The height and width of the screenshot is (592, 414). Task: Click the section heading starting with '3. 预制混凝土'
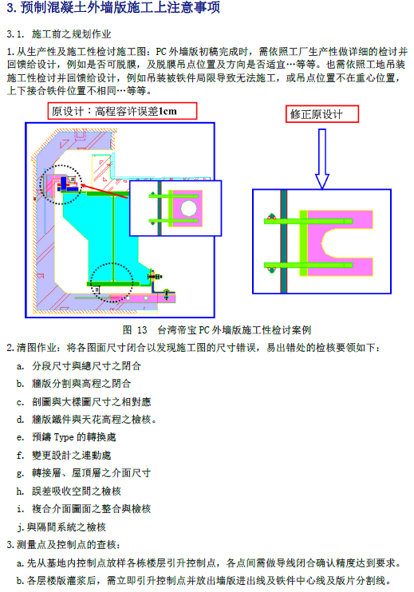tap(112, 7)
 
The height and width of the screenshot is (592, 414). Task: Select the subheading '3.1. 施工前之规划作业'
tap(59, 34)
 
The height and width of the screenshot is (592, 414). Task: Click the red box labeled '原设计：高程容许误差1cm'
tap(122, 112)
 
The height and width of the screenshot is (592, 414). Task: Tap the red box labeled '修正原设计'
tap(322, 114)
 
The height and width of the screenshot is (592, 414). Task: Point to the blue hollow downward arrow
tap(322, 159)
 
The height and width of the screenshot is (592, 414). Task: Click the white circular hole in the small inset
tap(189, 208)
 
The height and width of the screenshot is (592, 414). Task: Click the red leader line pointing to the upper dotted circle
tap(104, 191)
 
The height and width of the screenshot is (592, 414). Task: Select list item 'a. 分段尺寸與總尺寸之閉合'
tap(78, 366)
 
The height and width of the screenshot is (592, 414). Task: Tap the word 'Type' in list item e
tap(64, 437)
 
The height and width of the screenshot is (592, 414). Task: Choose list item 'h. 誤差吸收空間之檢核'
tap(69, 491)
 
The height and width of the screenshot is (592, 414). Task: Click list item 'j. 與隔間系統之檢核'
tap(61, 527)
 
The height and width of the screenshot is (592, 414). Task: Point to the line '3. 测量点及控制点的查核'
tap(63, 545)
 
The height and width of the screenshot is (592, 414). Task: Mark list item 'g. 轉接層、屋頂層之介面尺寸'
tap(84, 473)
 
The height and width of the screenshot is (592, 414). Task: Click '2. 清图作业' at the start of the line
tap(31, 348)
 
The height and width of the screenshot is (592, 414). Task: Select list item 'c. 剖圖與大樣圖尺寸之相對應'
tap(84, 402)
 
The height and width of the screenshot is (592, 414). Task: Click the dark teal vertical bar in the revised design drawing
tap(284, 242)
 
